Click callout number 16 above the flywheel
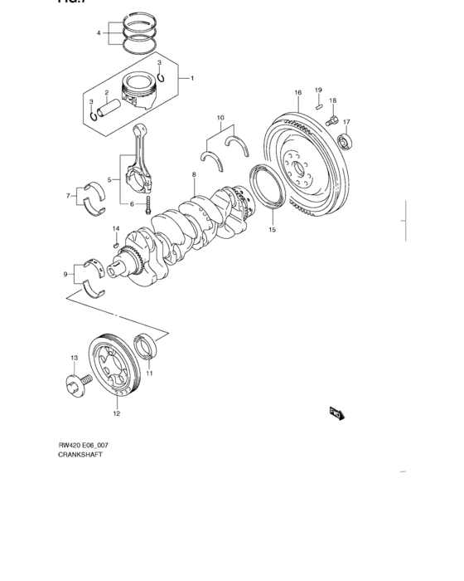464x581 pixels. (297, 92)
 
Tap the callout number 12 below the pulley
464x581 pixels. (117, 413)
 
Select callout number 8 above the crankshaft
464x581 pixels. (193, 175)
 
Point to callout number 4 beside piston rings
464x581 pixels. (98, 34)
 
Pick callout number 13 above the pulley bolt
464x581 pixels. (74, 357)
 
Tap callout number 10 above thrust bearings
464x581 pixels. (220, 119)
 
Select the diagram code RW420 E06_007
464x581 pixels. (83, 446)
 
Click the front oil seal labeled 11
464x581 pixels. (146, 348)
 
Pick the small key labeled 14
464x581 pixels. (115, 244)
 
